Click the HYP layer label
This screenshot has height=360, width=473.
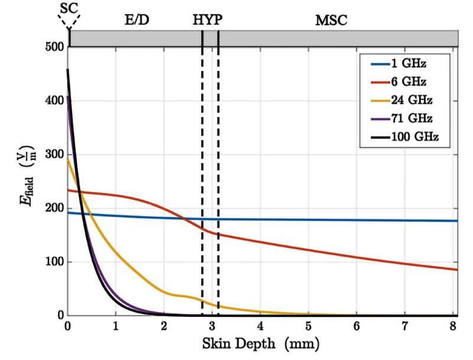tap(208, 19)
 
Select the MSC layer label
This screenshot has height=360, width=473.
tap(331, 19)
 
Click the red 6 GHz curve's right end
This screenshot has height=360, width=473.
tap(458, 270)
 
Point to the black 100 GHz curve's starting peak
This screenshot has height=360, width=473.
tap(68, 70)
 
